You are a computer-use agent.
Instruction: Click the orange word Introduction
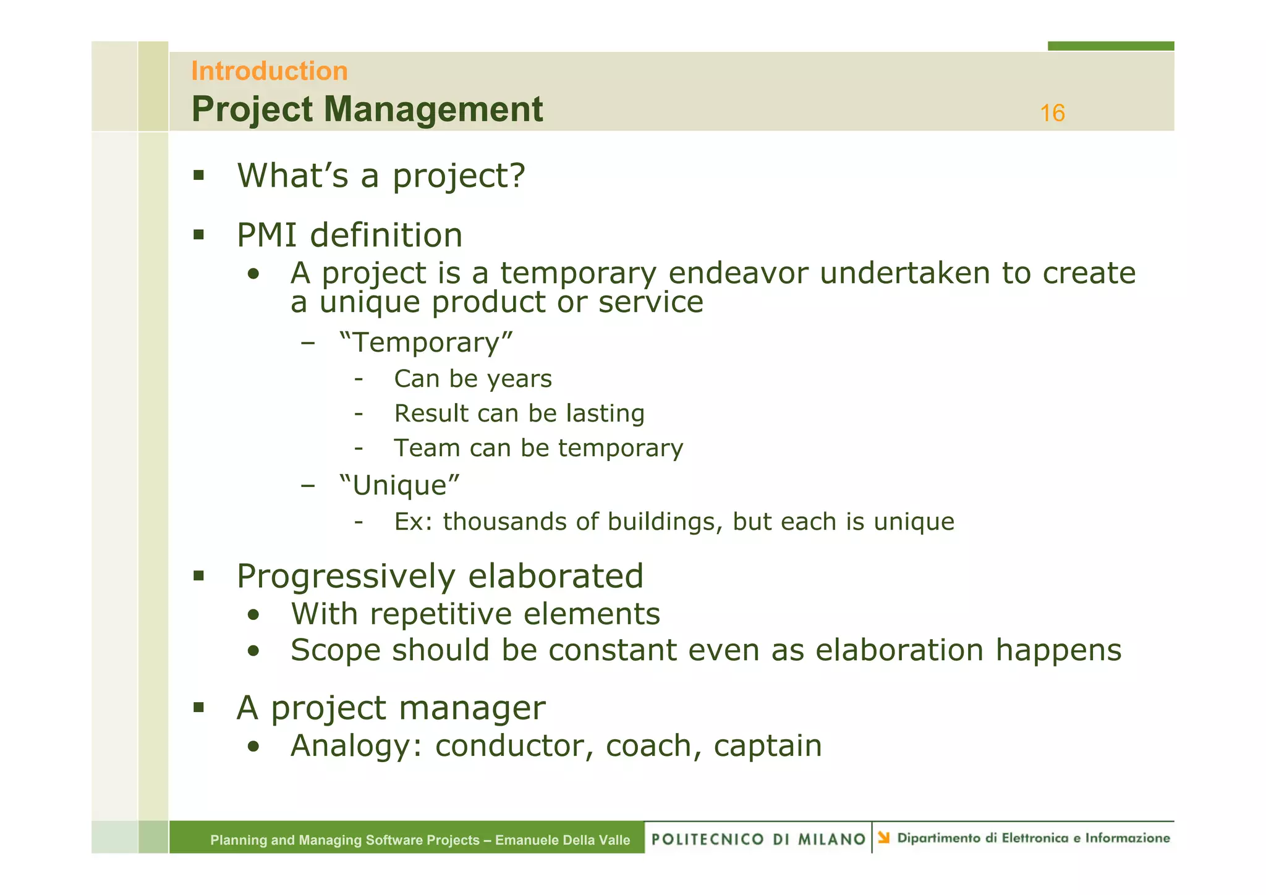269,71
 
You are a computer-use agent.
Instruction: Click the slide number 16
1051,113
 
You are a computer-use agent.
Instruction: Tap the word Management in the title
433,109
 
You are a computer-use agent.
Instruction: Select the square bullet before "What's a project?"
198,176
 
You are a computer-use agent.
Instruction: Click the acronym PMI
266,235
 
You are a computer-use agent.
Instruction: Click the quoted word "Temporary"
426,342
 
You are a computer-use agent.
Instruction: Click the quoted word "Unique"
399,485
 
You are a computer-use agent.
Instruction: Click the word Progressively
346,576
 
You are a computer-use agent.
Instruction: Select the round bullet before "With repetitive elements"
253,615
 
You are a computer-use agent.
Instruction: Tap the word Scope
335,650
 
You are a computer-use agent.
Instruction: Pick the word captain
767,745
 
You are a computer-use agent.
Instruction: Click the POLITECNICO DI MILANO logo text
758,839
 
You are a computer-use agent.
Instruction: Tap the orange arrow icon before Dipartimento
884,838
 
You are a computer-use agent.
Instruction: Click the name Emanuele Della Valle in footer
563,840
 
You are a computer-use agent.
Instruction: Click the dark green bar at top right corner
1110,46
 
